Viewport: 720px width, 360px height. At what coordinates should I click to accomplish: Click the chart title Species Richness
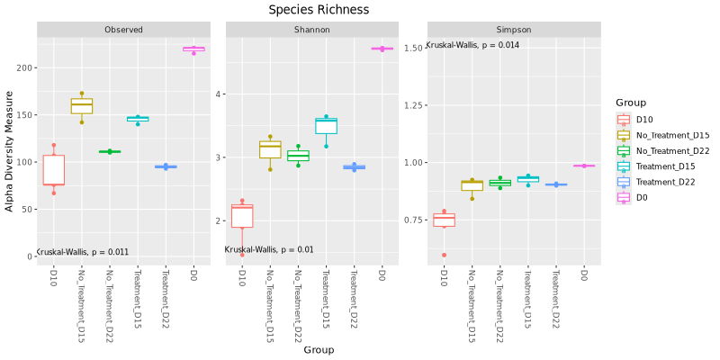coord(319,10)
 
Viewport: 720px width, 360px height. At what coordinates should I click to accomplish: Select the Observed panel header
coord(123,30)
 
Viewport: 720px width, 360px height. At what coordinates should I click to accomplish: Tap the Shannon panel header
coord(311,30)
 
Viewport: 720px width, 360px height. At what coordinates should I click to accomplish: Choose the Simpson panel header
coord(514,30)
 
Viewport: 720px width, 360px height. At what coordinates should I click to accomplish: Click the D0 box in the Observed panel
coord(193,49)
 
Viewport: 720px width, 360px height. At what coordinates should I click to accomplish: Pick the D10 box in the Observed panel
coord(54,170)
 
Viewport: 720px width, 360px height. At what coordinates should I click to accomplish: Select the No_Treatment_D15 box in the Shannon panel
coord(270,148)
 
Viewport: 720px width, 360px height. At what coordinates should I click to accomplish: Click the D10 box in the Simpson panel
coord(444,220)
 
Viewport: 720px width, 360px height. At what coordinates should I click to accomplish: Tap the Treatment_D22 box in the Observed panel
coord(166,166)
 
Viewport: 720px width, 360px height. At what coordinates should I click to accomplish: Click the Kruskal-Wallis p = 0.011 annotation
coord(82,252)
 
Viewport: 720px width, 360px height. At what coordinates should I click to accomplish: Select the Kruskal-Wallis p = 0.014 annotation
coord(472,45)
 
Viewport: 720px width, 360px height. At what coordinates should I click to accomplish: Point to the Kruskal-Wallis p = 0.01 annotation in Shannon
coord(269,249)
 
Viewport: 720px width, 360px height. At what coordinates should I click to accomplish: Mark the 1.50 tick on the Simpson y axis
coord(413,48)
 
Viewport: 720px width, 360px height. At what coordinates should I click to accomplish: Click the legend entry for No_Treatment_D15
coord(664,135)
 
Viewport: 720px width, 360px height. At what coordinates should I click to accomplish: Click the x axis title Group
coord(319,349)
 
